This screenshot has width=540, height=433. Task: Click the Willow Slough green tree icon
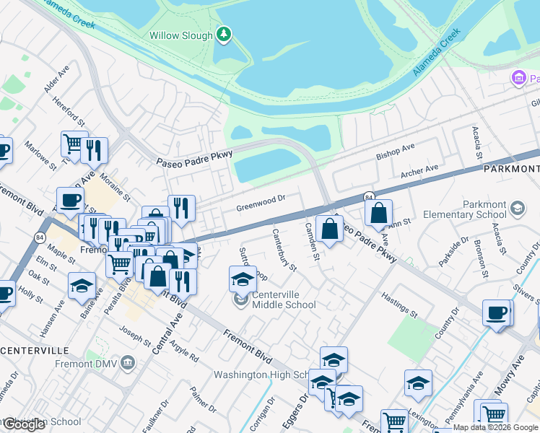click(x=225, y=35)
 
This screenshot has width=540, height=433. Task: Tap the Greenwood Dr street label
click(x=261, y=203)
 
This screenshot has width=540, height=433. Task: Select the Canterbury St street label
click(x=284, y=250)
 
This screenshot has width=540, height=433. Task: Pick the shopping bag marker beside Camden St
click(x=329, y=229)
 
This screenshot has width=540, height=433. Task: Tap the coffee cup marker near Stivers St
click(x=496, y=313)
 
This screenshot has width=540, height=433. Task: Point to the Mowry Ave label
click(x=508, y=378)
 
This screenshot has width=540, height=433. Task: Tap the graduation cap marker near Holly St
click(x=82, y=286)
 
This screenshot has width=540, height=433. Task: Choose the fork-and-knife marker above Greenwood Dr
click(x=181, y=209)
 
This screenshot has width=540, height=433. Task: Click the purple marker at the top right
click(x=517, y=78)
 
